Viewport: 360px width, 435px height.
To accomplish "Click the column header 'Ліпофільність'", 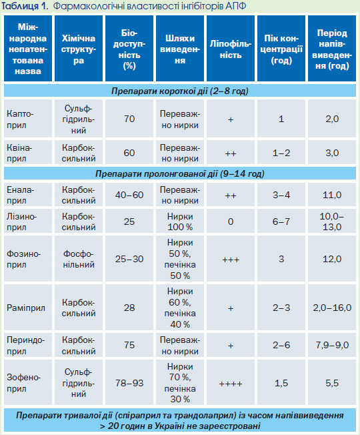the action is point(231,49).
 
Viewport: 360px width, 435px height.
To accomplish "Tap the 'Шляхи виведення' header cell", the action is point(180,49).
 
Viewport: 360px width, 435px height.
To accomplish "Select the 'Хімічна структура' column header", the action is point(79,49).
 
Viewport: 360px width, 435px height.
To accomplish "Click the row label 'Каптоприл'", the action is point(20,119).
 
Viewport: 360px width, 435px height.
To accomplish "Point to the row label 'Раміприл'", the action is point(26,308).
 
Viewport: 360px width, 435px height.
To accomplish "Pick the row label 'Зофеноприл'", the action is point(23,383).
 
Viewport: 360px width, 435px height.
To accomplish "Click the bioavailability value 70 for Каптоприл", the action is point(129,119).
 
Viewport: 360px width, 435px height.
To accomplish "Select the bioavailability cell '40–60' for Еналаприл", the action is point(129,195).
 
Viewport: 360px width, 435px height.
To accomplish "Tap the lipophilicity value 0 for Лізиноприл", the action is point(231,222).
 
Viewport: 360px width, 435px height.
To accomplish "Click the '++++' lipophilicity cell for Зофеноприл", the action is point(231,384).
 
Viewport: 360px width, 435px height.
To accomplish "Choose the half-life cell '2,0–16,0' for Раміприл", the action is point(332,308).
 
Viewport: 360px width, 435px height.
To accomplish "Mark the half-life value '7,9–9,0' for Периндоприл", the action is point(332,345).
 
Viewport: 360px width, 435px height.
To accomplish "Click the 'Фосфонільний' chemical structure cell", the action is point(79,259).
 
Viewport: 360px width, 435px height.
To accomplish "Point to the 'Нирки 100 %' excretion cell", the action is point(180,222).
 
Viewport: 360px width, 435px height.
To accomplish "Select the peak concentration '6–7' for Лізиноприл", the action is point(281,222).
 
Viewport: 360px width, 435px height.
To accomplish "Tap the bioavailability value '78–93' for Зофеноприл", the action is point(129,383).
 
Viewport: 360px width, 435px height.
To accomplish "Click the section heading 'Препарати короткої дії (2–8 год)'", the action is point(180,91).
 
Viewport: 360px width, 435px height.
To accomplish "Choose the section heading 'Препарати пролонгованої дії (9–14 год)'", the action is point(180,173).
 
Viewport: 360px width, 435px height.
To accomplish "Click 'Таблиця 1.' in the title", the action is point(25,6).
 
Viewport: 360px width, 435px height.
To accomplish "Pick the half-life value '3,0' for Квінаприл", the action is point(332,153).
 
